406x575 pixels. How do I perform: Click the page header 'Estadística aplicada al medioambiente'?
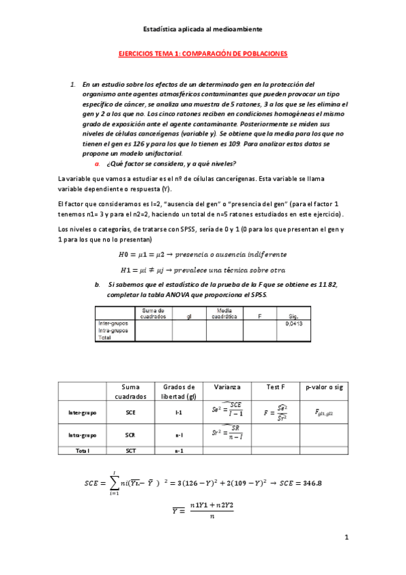(x=203, y=29)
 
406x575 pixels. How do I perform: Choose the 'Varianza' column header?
(x=227, y=386)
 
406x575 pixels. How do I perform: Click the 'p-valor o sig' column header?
(x=325, y=386)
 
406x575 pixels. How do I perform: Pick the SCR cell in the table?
(x=131, y=435)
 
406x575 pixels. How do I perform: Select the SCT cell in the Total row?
(x=131, y=450)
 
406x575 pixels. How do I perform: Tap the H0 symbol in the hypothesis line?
(x=123, y=254)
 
